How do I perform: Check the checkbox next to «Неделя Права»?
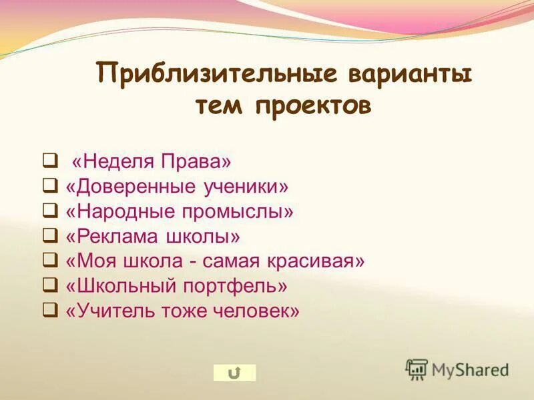click(49, 161)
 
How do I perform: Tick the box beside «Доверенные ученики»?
click(49, 186)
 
